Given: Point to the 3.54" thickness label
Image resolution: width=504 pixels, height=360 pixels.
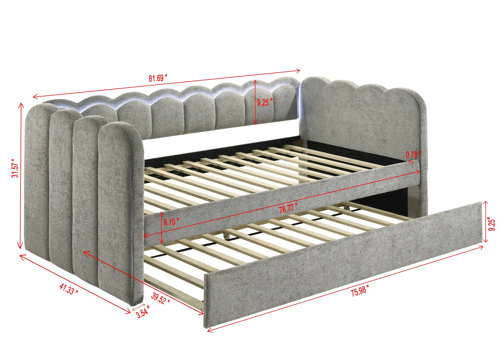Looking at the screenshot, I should click(143, 312).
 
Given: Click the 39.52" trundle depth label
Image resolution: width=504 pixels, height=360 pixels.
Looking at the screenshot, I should click(161, 298).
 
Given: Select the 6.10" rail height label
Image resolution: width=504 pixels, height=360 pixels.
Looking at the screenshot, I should click(171, 222).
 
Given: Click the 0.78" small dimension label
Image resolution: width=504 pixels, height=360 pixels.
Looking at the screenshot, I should click(414, 153).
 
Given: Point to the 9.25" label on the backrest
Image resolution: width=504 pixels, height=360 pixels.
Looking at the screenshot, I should click(265, 103).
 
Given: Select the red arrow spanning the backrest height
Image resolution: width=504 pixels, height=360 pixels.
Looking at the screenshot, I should click(255, 102).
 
